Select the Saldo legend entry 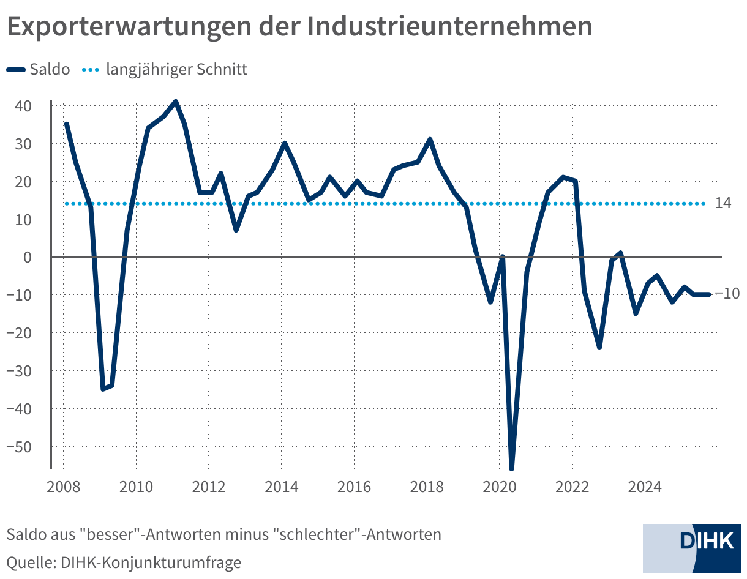pyautogui.click(x=38, y=69)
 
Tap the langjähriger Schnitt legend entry pyautogui.click(x=164, y=69)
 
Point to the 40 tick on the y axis pyautogui.click(x=23, y=106)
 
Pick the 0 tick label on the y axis pyautogui.click(x=28, y=257)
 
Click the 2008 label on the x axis pyautogui.click(x=64, y=488)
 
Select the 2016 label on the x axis pyautogui.click(x=355, y=488)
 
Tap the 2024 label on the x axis pyautogui.click(x=645, y=488)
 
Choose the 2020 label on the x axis pyautogui.click(x=500, y=488)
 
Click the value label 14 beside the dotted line pyautogui.click(x=723, y=203)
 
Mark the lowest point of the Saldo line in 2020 pyautogui.click(x=511, y=469)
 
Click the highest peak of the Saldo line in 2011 pyautogui.click(x=176, y=102)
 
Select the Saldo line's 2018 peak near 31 pyautogui.click(x=430, y=140)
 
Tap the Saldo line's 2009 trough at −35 pyautogui.click(x=103, y=389)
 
